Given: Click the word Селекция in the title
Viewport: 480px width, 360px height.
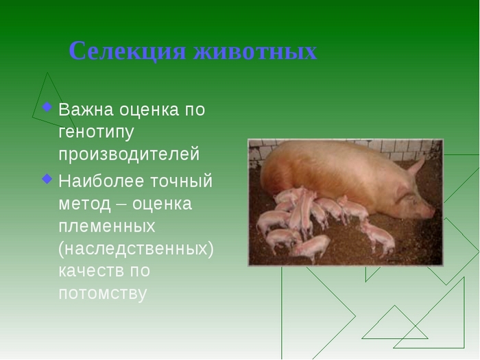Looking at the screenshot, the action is [x=128, y=51].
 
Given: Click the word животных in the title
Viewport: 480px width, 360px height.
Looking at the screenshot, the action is [x=255, y=51].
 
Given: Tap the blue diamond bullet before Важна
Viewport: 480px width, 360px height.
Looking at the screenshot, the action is [x=47, y=107].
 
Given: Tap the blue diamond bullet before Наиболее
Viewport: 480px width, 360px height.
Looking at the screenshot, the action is [x=47, y=179].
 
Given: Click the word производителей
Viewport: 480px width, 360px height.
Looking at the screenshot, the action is [x=129, y=154].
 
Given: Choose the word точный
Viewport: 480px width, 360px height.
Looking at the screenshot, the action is [x=177, y=181].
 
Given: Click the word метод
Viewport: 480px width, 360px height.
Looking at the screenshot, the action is [x=84, y=204].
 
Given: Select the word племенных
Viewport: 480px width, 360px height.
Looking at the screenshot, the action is [x=107, y=226].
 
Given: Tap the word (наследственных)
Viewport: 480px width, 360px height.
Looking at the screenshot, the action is [x=136, y=248].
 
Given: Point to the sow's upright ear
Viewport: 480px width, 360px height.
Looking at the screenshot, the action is [x=417, y=167].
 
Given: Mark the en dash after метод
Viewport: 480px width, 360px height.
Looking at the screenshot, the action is [x=121, y=204].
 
